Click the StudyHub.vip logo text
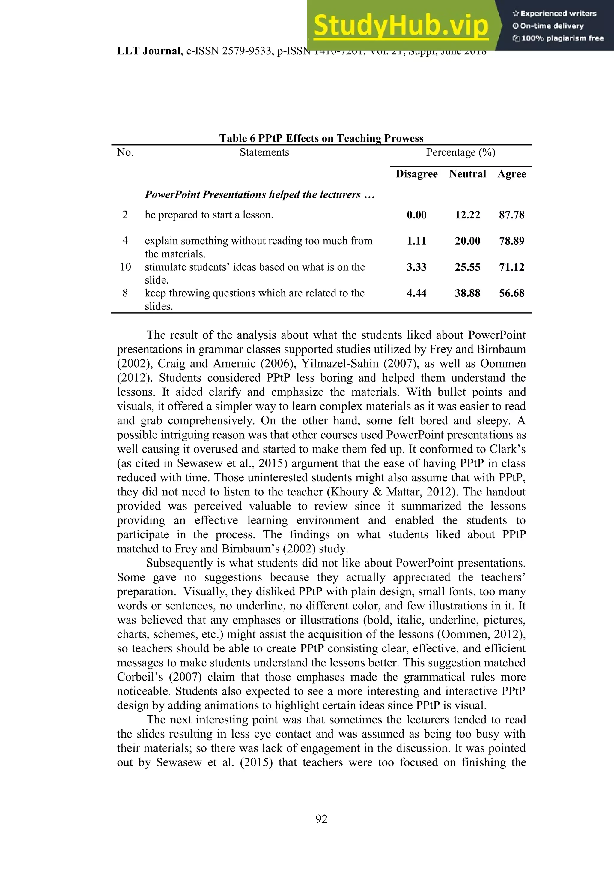coord(401,26)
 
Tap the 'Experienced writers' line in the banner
coord(554,13)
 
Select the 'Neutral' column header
coord(467,174)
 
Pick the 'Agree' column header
coord(511,174)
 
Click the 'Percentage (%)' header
coord(460,152)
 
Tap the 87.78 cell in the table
coord(511,215)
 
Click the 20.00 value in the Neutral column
coord(467,241)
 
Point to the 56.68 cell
coord(511,293)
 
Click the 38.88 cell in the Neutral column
coord(467,293)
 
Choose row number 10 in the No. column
coord(125,267)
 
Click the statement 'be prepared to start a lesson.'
coord(209,215)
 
